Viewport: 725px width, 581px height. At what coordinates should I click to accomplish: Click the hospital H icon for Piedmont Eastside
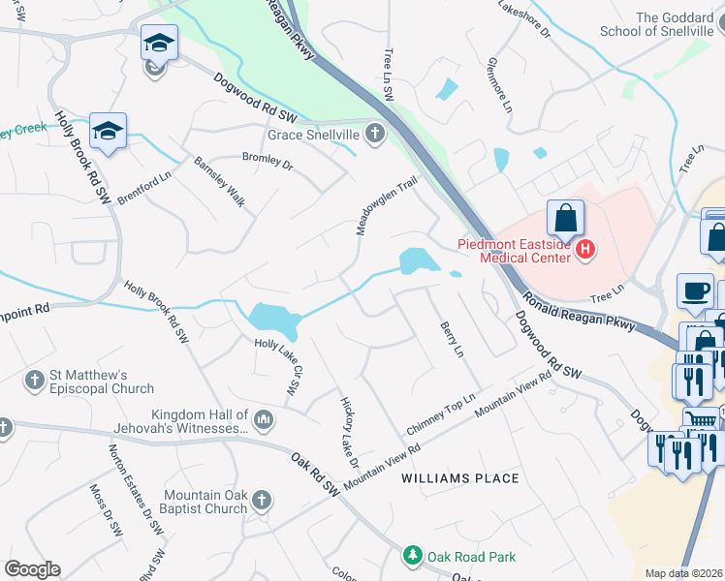(x=584, y=250)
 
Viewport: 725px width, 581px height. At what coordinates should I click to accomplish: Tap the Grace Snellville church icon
(x=374, y=135)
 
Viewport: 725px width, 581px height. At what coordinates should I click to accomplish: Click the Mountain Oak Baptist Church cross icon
(x=261, y=501)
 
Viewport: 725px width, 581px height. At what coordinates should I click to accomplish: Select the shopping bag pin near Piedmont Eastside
(x=565, y=217)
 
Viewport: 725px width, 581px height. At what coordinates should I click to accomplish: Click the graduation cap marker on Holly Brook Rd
(x=109, y=130)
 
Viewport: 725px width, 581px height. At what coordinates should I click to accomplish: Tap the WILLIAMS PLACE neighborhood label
(x=461, y=478)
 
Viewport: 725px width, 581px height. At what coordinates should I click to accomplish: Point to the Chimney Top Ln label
(x=442, y=413)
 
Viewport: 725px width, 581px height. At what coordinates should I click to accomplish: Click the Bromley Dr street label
(x=268, y=161)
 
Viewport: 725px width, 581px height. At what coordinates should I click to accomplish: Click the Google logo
(x=32, y=569)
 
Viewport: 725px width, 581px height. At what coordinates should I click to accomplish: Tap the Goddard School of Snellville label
(x=673, y=26)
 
